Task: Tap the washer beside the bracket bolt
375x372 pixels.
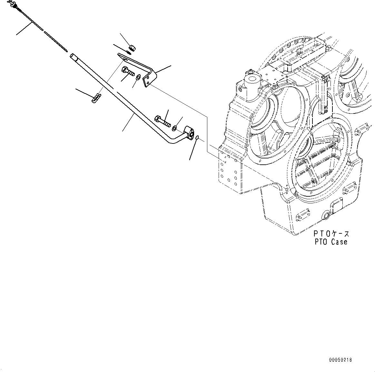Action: tap(138, 77)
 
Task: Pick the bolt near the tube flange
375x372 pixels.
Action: tap(163, 121)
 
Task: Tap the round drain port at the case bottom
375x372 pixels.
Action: tap(326, 216)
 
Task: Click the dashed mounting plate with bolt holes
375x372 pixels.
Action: tap(230, 171)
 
